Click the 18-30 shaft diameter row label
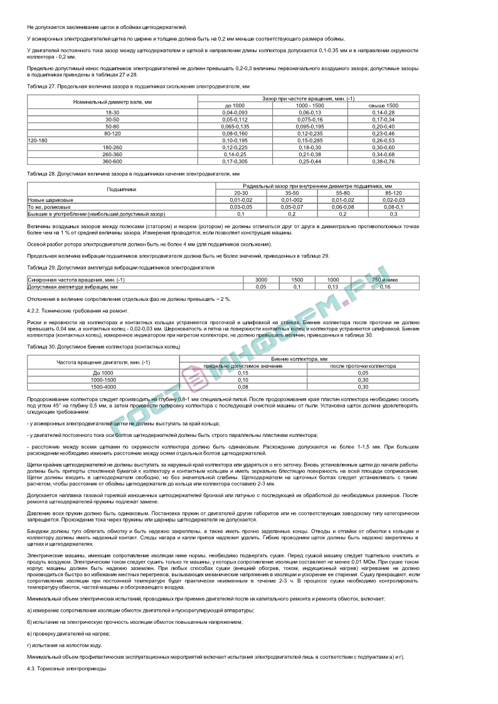[112, 112]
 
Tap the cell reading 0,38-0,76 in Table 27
[383, 161]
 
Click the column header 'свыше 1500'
[383, 105]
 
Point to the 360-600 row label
[112, 161]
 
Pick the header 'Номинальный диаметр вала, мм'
[112, 102]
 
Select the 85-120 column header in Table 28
[393, 193]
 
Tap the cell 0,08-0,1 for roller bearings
[393, 206]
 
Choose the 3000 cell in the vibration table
[262, 280]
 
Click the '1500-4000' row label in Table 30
[103, 387]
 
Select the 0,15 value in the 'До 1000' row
[243, 372]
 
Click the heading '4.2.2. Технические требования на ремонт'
[69, 310]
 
